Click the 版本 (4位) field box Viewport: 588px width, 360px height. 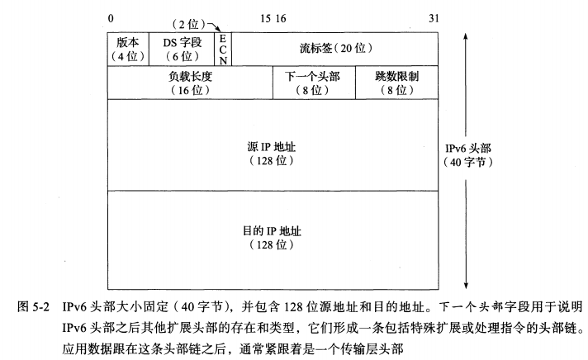(x=127, y=50)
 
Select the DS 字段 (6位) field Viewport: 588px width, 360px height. (x=182, y=50)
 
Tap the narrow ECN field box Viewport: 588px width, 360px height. (x=222, y=50)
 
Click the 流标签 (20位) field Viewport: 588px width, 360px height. (x=334, y=50)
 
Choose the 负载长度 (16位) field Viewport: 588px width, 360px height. (x=190, y=83)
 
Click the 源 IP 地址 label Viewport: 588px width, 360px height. (x=273, y=146)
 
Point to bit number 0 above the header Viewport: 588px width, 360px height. (x=110, y=17)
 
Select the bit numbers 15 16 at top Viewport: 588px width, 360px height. (x=273, y=17)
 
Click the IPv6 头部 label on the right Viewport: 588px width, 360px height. (x=468, y=149)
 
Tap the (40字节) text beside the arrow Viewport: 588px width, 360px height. (x=468, y=163)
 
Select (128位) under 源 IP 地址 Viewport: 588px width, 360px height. (x=273, y=160)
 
